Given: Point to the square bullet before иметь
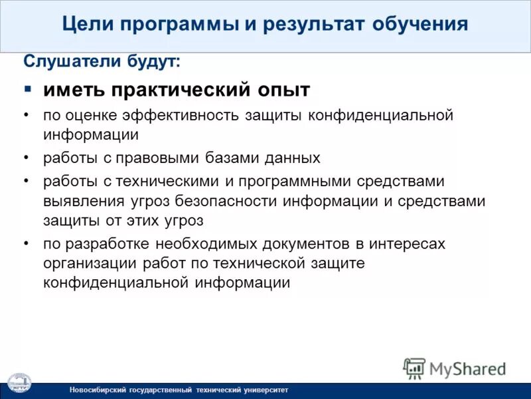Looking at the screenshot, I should pos(27,88).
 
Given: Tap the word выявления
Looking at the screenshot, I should pos(82,201).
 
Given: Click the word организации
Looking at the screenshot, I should pos(89,263).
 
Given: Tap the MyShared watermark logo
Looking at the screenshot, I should pos(455,368).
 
